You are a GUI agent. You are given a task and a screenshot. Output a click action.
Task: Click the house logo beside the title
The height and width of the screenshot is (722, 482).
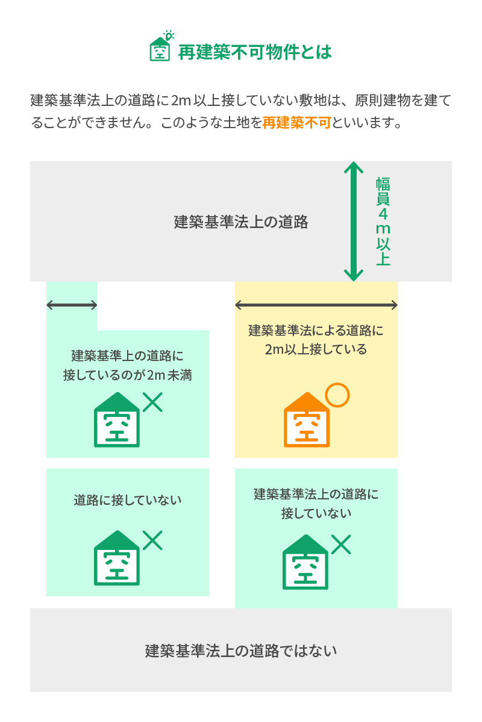click(x=160, y=48)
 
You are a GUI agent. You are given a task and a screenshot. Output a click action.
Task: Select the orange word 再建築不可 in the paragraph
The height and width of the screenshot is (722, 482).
click(x=296, y=123)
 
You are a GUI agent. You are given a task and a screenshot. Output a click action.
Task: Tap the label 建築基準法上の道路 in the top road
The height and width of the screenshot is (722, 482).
click(x=241, y=222)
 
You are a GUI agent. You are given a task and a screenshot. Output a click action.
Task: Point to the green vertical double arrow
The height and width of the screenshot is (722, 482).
click(x=354, y=221)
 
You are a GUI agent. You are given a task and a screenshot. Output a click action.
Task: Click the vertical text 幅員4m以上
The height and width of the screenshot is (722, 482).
click(x=383, y=221)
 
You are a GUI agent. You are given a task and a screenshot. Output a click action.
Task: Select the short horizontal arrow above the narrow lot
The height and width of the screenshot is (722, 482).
click(x=72, y=305)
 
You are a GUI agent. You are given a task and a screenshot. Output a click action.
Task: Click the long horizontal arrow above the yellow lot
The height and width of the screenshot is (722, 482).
click(x=316, y=305)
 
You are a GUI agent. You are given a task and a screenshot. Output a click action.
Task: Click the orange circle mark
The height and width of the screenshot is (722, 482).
click(x=337, y=395)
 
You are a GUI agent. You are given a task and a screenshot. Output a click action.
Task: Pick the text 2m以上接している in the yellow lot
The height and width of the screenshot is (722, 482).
click(x=316, y=349)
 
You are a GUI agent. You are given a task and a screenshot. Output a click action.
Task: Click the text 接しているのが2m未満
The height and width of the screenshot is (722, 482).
click(x=127, y=374)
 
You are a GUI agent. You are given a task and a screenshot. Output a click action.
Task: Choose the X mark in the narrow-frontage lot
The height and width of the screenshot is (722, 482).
click(x=153, y=401)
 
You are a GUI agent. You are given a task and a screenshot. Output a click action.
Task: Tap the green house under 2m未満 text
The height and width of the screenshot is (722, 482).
click(x=117, y=421)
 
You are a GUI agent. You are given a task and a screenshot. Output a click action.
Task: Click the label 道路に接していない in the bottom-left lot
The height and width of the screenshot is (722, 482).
click(x=127, y=500)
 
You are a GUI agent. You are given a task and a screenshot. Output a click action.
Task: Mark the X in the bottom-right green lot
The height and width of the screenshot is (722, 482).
click(x=341, y=545)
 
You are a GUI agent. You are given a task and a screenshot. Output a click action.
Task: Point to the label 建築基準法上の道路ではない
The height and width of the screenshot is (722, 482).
click(x=241, y=650)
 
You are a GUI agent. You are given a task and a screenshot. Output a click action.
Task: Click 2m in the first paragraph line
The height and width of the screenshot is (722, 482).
click(x=181, y=100)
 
